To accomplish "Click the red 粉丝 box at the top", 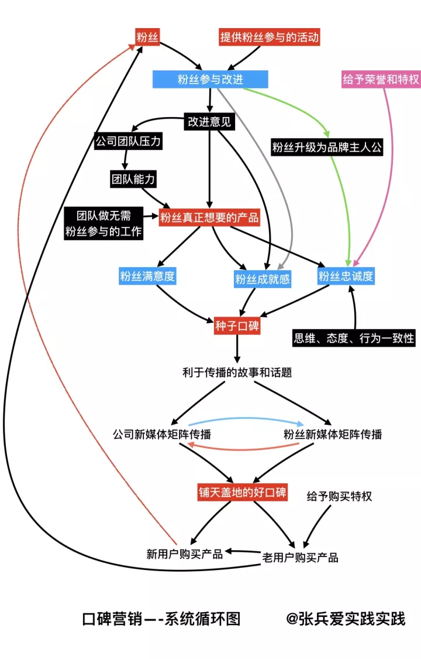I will pos(148,37).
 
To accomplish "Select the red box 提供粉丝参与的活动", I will pos(270,37).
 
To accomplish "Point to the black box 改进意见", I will pos(209,122).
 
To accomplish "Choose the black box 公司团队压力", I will pos(127,141).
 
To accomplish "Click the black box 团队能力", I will pos(133,179).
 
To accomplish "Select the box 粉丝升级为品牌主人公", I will pos(327,147).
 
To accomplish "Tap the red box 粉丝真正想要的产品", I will pos(209,218).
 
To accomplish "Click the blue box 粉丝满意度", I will pos(147,276).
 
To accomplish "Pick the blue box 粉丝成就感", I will pos(263,279).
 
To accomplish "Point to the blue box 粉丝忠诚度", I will pos(346,276).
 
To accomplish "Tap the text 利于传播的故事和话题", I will pos(237,372).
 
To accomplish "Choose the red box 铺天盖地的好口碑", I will pos(242,492).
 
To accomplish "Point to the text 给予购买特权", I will pos(339,496).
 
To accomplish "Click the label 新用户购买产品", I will pos(185,554).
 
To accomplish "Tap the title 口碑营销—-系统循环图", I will pos(161,619).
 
